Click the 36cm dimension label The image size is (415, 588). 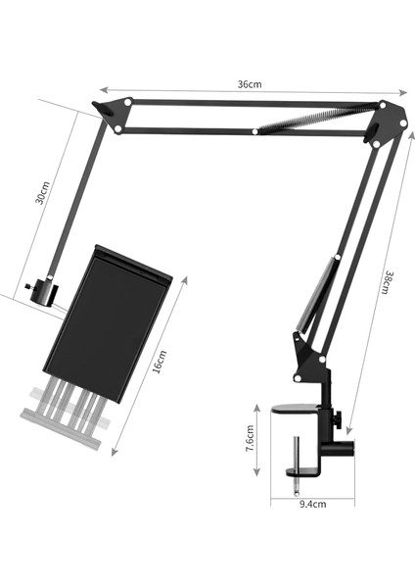pos(250,84)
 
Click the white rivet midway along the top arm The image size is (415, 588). pos(254,129)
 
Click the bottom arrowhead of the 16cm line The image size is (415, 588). pos(115,453)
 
